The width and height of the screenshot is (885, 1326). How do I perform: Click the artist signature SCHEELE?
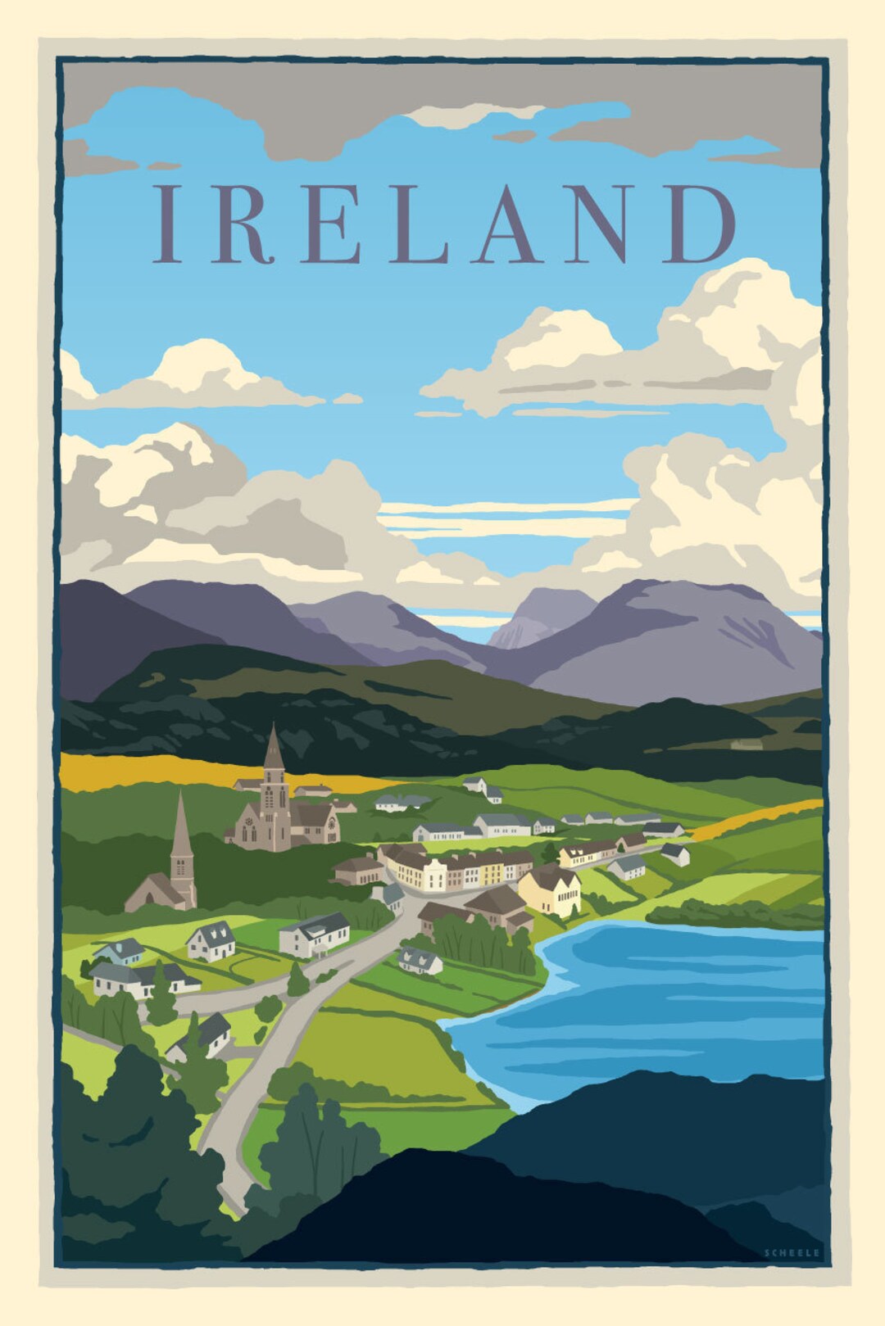[791, 1252]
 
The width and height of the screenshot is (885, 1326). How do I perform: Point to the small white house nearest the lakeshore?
[420, 960]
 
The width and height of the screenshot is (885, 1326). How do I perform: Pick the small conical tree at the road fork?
[297, 979]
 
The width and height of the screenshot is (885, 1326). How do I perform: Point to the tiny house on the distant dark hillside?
[746, 744]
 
